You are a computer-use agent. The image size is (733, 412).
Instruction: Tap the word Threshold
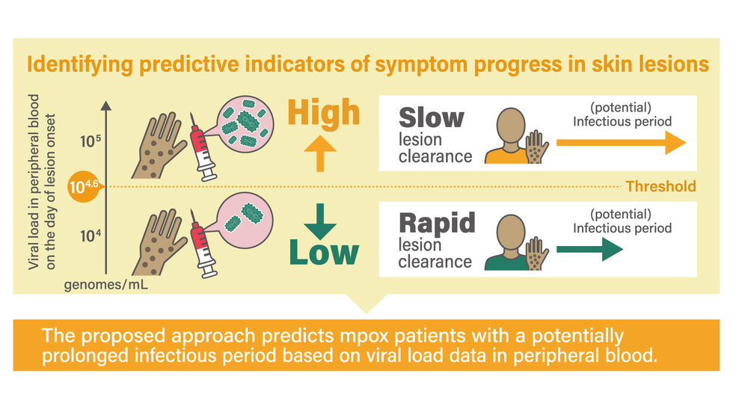pos(660,186)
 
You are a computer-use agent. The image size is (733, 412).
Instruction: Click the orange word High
pos(323,113)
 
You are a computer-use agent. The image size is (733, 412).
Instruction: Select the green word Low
pos(324,252)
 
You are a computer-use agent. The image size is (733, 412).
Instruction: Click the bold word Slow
pos(431,117)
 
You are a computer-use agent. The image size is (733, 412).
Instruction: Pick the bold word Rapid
pos(437,223)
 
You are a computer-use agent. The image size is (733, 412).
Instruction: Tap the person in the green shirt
pos(509,242)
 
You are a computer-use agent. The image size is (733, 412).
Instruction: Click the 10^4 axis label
pos(89,237)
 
